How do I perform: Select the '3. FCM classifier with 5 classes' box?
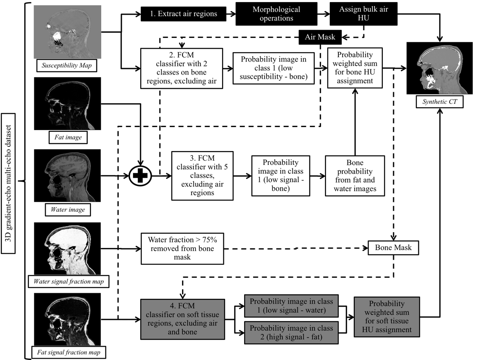(202, 176)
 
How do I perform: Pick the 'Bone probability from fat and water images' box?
(354, 176)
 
